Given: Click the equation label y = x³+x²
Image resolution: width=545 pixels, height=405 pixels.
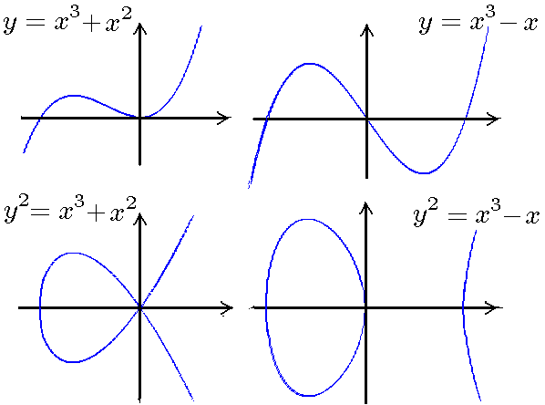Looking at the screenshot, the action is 67,21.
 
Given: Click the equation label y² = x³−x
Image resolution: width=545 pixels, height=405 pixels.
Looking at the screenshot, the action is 476,212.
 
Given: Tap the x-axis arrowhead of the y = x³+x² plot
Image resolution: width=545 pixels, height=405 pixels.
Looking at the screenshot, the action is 225,118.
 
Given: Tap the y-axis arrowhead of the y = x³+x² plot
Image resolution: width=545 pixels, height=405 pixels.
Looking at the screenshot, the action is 139,28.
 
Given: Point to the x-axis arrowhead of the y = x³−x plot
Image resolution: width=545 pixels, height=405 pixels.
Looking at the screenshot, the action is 494,119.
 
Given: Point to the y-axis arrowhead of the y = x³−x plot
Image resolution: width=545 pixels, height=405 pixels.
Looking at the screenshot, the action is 366,29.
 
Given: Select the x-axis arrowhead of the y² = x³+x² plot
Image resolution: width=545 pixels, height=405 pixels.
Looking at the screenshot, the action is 227,308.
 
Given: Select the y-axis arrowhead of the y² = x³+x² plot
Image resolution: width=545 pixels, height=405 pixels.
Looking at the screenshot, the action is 139,219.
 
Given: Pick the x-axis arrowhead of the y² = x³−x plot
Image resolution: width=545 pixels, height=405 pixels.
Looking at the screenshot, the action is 495,308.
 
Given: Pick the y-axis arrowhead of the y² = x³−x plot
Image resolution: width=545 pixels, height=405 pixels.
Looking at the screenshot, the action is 366,208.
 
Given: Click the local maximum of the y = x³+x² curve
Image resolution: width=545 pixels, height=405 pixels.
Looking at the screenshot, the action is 73,96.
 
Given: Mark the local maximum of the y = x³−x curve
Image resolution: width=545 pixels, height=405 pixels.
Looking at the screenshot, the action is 309,64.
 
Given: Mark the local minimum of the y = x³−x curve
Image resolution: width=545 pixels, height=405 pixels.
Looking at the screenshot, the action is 424,173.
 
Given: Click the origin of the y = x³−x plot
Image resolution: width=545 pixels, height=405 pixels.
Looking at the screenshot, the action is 366,119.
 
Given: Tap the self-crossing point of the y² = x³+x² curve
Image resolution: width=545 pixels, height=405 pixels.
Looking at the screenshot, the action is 139,308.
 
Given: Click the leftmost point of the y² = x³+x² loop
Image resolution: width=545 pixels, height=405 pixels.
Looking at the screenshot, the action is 40,308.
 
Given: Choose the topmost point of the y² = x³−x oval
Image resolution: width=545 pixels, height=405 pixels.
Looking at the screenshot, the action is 308,219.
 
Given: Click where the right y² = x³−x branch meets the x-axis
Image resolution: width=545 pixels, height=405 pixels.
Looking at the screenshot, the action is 463,308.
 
